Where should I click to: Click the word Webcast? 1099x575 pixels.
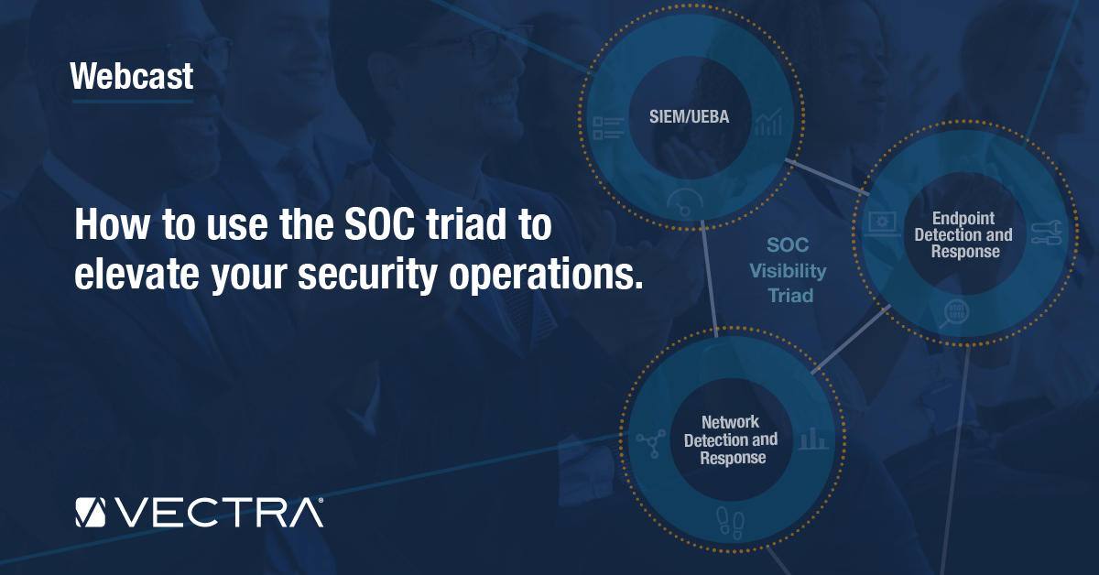click(132, 76)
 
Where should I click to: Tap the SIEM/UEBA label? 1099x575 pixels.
click(689, 117)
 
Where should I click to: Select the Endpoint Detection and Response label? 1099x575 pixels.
click(963, 234)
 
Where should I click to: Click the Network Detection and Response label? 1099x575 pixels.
click(731, 439)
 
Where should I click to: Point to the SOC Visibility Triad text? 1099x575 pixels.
click(788, 270)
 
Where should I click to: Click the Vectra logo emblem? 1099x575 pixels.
click(91, 513)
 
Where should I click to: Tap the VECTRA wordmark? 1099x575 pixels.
click(219, 513)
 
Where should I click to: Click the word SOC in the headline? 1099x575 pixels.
click(379, 224)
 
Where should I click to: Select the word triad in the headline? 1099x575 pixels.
click(466, 224)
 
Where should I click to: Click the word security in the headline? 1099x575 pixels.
click(367, 275)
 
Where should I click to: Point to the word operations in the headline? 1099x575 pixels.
click(546, 275)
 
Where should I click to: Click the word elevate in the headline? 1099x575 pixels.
click(136, 274)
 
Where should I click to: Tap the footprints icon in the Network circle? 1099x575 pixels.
click(730, 523)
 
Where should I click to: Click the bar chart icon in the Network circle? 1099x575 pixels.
click(813, 439)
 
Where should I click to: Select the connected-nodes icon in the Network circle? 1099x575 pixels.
click(651, 443)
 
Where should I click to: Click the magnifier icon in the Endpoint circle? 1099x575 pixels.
click(954, 313)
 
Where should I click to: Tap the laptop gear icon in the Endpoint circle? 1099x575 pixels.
click(882, 224)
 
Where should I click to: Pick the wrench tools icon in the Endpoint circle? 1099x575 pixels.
click(1047, 233)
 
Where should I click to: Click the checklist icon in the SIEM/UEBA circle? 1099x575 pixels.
click(608, 128)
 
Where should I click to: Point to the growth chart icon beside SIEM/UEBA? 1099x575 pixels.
click(768, 122)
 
